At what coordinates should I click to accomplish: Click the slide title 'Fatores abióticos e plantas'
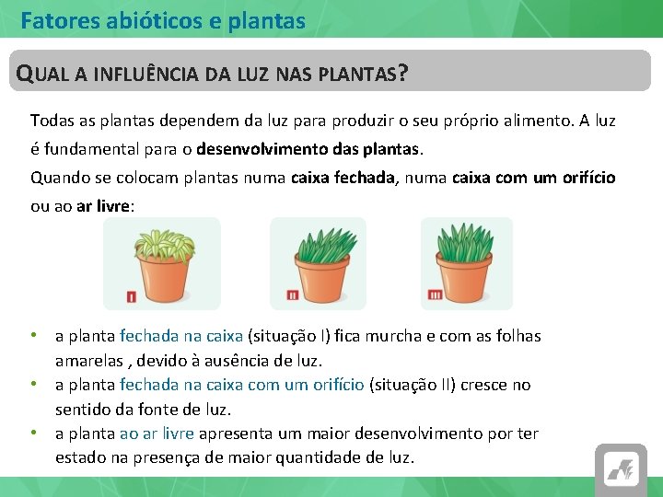tap(162, 19)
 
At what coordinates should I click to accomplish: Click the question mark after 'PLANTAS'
tap(401, 73)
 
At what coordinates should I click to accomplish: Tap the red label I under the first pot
tap(131, 296)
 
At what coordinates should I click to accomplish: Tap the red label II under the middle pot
tap(292, 295)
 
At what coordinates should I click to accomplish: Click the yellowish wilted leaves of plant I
tap(165, 243)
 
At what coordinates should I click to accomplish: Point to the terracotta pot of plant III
tap(464, 276)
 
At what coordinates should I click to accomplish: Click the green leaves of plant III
tap(464, 241)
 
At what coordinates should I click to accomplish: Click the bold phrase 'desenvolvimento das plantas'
tap(308, 148)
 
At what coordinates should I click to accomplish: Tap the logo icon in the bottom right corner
tap(621, 468)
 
